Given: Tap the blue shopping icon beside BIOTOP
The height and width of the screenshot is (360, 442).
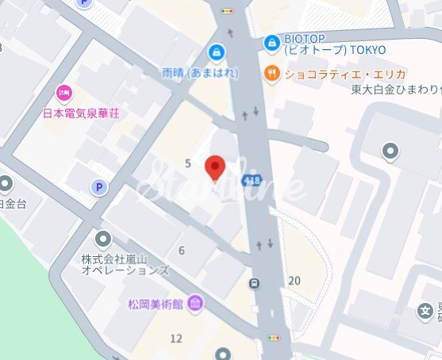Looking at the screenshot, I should point(272,41).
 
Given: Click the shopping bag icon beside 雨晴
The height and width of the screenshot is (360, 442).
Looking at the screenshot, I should point(215,52).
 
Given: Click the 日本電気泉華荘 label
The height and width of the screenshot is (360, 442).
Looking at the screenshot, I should point(81,113).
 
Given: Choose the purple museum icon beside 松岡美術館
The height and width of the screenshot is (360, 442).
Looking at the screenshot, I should point(194,304).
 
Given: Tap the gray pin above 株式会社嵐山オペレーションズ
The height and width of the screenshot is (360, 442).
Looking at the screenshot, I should point(104,238).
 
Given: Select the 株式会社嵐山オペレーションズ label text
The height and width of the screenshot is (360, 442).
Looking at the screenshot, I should point(125,265).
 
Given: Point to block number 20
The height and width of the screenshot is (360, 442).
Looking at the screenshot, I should point(295,280).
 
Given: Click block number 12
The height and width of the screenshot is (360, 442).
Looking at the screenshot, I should point(176,339).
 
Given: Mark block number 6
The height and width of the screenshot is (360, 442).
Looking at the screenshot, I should point(182,251).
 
